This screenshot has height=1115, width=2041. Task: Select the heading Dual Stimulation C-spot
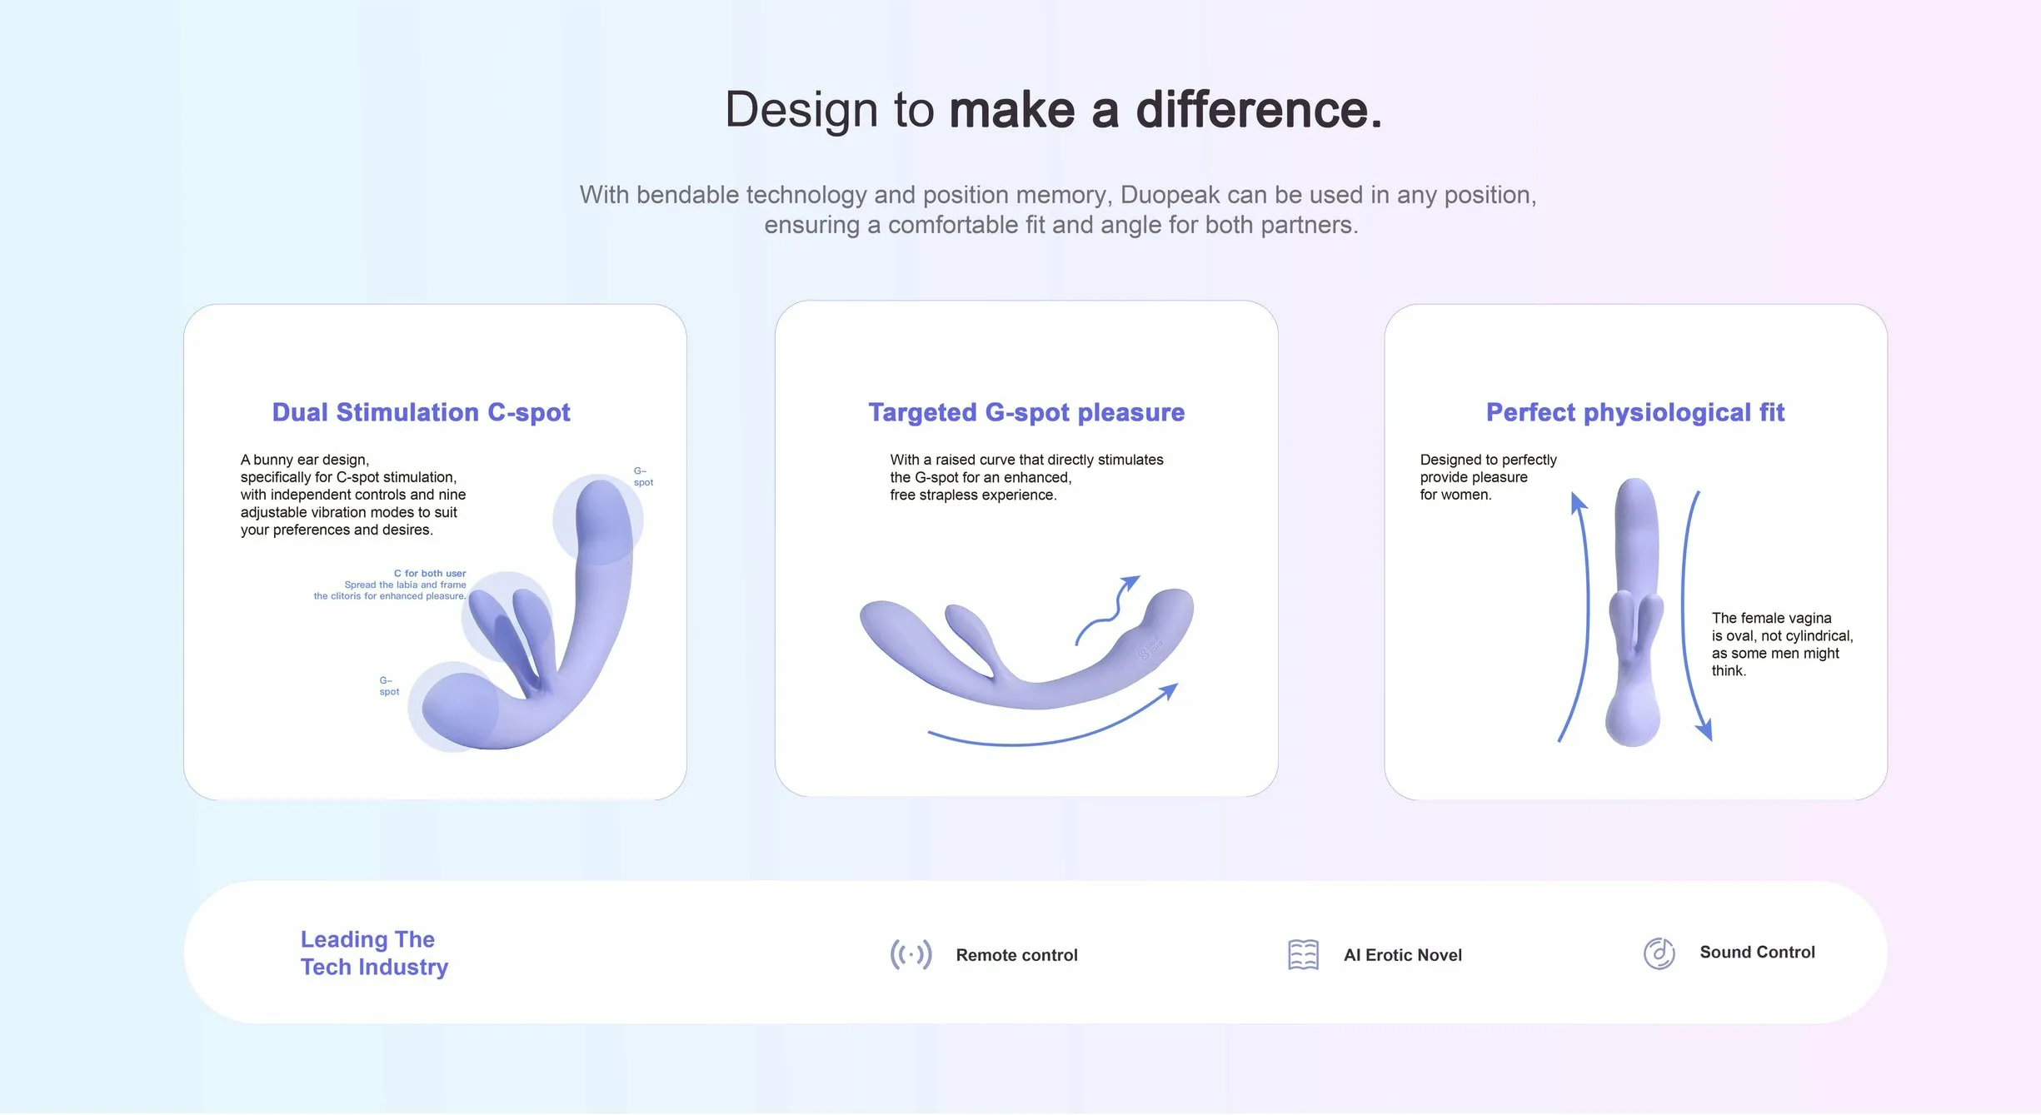422,412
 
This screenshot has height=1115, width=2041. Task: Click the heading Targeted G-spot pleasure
1026,412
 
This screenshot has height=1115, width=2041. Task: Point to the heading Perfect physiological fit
1635,412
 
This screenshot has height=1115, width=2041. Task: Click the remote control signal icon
911,954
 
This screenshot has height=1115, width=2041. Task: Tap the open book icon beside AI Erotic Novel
1303,954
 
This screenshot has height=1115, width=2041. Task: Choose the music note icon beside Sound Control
1659,953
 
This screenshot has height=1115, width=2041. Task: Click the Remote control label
1016,955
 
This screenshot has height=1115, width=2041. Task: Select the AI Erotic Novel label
1403,955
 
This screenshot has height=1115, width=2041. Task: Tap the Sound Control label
1757,952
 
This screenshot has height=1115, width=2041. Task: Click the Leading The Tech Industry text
374,953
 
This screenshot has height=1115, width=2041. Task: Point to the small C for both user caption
430,574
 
